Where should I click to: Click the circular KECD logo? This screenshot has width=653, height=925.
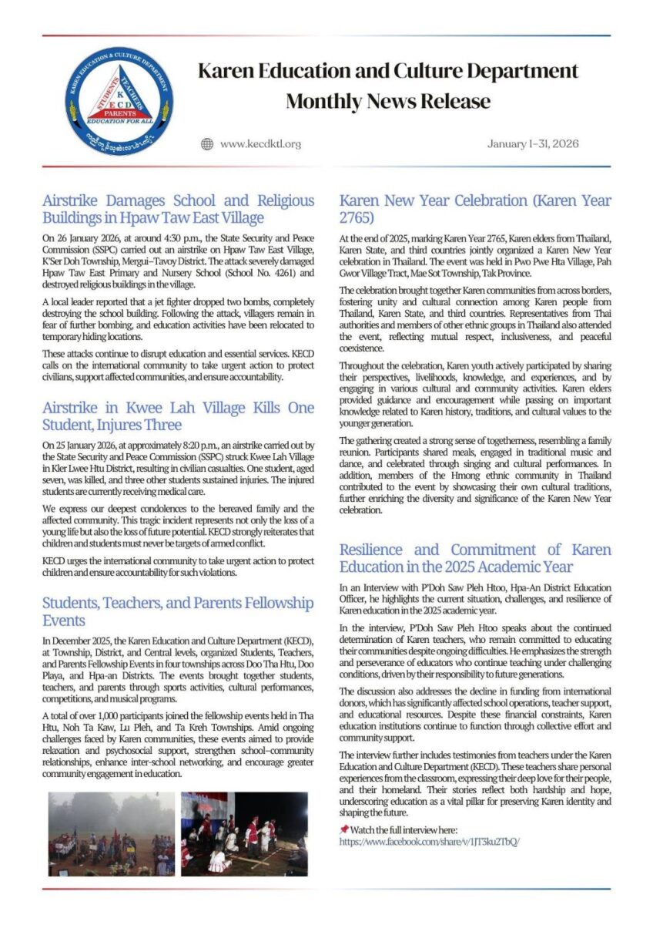pyautogui.click(x=119, y=101)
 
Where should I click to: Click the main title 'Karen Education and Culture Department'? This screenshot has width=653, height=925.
pyautogui.click(x=387, y=72)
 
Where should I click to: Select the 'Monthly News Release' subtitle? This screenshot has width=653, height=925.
pyautogui.click(x=387, y=101)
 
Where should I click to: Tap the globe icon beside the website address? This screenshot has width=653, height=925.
pyautogui.click(x=206, y=144)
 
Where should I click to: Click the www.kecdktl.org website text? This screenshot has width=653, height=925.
pyautogui.click(x=260, y=144)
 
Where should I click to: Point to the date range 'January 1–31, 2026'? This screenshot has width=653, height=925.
pyautogui.click(x=533, y=144)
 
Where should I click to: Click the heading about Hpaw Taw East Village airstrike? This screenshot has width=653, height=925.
pyautogui.click(x=178, y=209)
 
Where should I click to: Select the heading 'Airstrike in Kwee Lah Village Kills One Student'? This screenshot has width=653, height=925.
pyautogui.click(x=178, y=416)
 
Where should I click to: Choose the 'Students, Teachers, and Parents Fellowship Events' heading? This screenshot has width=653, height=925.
pyautogui.click(x=178, y=611)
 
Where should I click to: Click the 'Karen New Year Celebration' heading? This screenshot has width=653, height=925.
pyautogui.click(x=475, y=209)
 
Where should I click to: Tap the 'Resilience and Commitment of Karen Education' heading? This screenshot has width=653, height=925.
pyautogui.click(x=475, y=558)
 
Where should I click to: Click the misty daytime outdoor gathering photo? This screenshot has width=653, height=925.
pyautogui.click(x=112, y=833)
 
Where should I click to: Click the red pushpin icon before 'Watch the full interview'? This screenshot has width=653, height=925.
pyautogui.click(x=343, y=829)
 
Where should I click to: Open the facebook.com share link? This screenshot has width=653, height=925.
pyautogui.click(x=429, y=842)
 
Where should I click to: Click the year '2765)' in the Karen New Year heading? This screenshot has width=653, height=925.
pyautogui.click(x=356, y=217)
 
